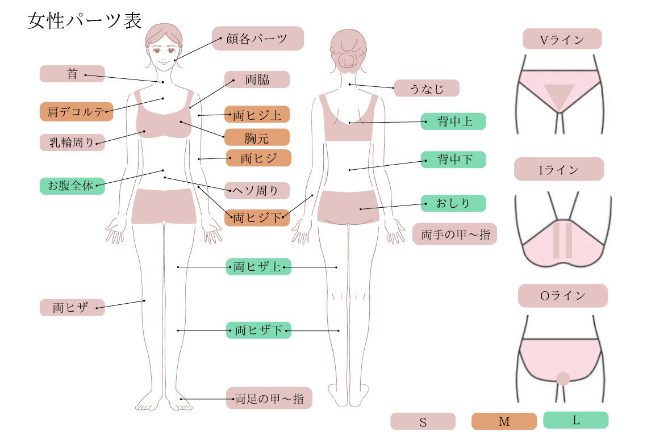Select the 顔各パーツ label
tap(258, 39)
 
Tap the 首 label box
tap(72, 74)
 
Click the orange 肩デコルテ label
tap(76, 112)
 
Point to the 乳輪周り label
tap(72, 142)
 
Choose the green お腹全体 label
tap(72, 186)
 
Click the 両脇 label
tap(257, 79)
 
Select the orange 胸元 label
tap(257, 137)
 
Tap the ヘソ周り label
tap(257, 190)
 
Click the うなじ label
tap(427, 88)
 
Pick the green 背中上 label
tap(453, 121)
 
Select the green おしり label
tap(453, 203)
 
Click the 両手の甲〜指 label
tap(454, 234)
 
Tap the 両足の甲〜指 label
tap(269, 399)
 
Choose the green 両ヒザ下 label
tap(258, 330)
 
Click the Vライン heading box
tap(562, 39)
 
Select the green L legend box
tap(575, 420)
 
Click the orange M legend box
tap(504, 421)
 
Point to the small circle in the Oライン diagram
tap(562, 379)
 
